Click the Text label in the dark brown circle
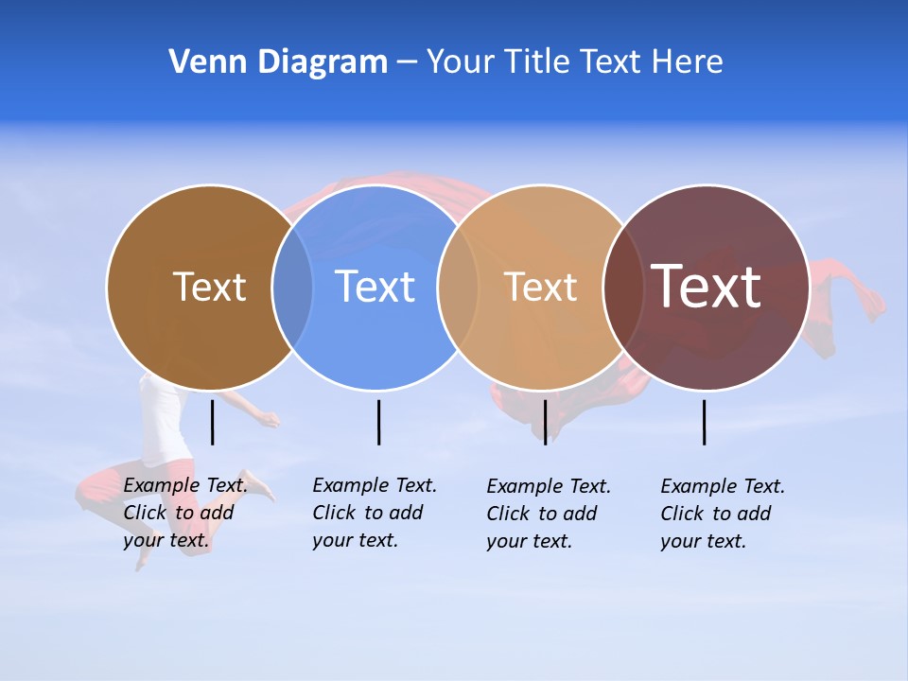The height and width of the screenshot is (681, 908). (209, 287)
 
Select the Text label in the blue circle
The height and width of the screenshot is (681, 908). (375, 287)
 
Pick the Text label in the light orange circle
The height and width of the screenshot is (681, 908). (540, 287)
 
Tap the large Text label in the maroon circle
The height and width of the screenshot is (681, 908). (707, 287)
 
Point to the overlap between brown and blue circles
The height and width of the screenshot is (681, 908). (292, 288)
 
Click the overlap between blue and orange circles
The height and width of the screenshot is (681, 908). (458, 288)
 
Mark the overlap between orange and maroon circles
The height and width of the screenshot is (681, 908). (623, 288)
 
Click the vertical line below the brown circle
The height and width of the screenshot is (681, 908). (213, 422)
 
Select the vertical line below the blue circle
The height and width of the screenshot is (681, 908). (378, 422)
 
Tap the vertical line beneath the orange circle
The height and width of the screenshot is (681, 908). (545, 422)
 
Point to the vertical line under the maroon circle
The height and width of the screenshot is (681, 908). (705, 422)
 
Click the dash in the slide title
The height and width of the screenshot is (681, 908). (407, 63)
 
